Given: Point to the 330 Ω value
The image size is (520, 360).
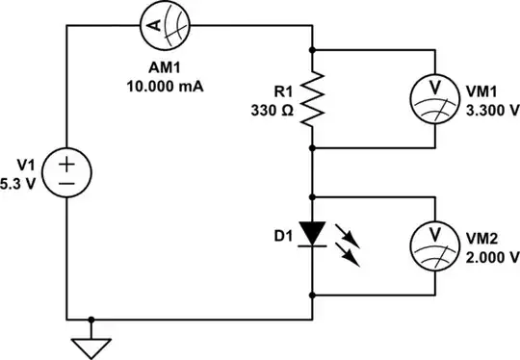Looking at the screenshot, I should click(x=271, y=110).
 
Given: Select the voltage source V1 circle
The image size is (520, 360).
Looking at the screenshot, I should click(x=67, y=173).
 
